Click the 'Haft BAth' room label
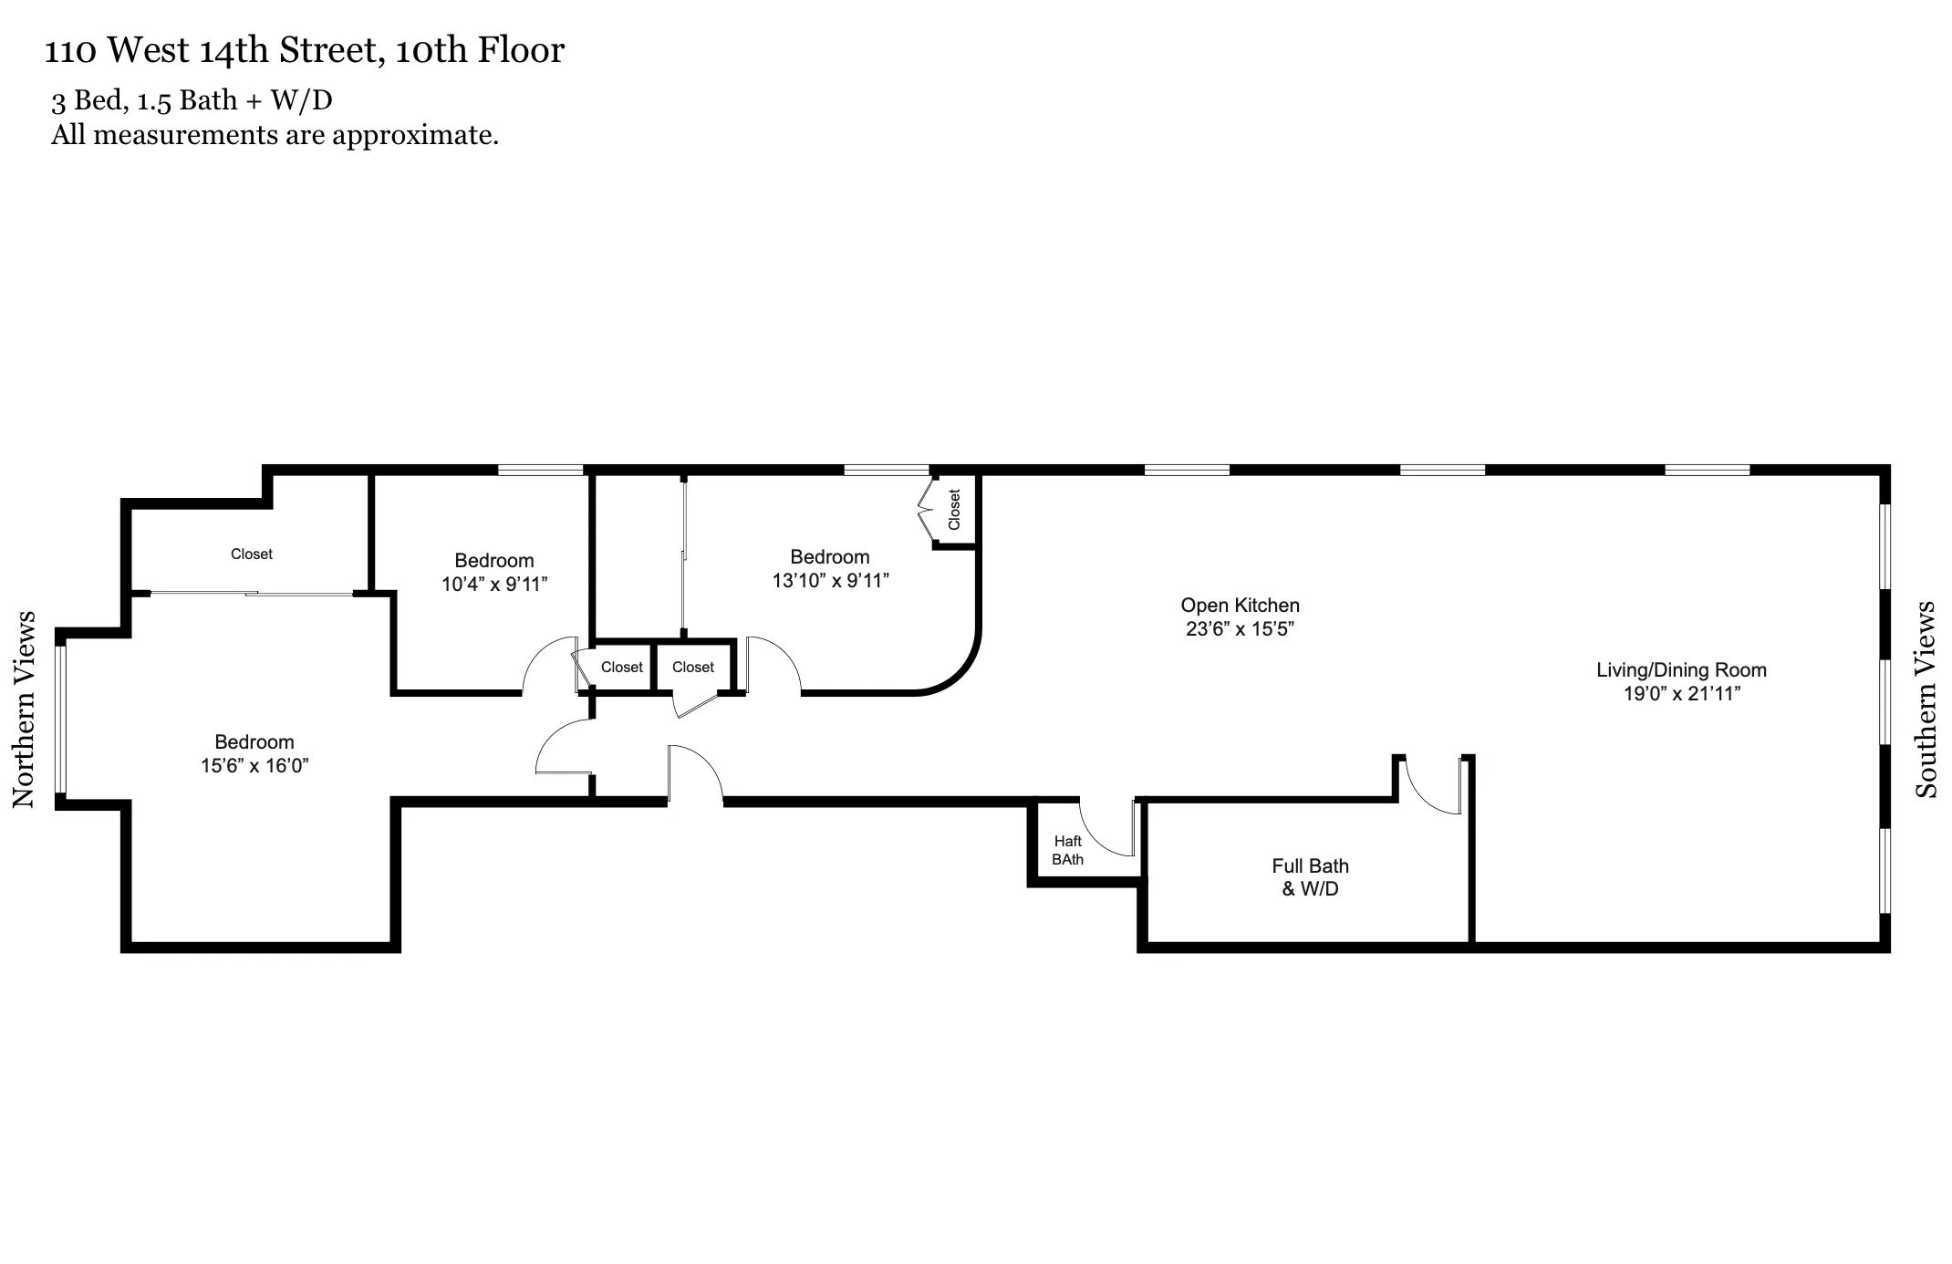[1067, 850]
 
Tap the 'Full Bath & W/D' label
[1310, 877]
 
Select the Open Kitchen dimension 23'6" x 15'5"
[1240, 629]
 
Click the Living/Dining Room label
[1681, 670]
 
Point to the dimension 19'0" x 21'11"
[1681, 694]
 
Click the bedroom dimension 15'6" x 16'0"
[254, 766]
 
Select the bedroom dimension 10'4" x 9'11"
[494, 585]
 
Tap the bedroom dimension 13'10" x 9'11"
[830, 581]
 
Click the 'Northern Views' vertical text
[24, 710]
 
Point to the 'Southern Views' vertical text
[1925, 699]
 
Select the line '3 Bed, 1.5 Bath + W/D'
[192, 99]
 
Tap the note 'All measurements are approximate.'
[275, 135]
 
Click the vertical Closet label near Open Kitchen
[954, 510]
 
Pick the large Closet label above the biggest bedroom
[251, 554]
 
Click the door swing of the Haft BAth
[1105, 828]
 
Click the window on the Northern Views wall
[61, 719]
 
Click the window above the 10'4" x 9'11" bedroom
[540, 471]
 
